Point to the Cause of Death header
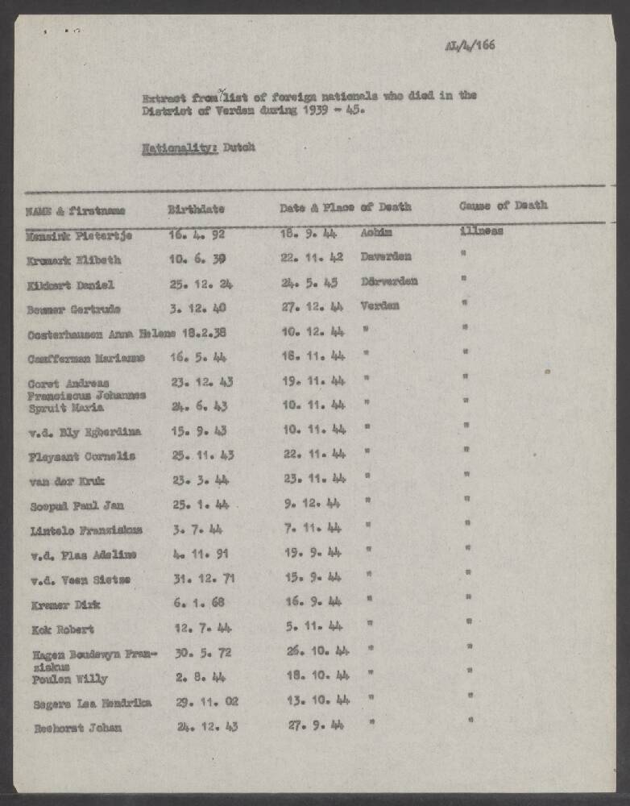pyautogui.click(x=503, y=206)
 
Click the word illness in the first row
pyautogui.click(x=481, y=231)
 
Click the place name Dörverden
pyautogui.click(x=389, y=281)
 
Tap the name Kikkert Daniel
pyautogui.click(x=70, y=285)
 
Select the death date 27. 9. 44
pyautogui.click(x=315, y=725)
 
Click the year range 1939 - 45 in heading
pyautogui.click(x=331, y=111)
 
